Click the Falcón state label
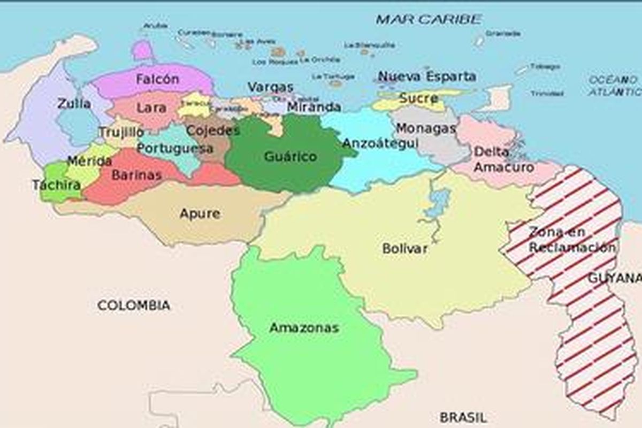(157, 79)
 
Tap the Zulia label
(74, 103)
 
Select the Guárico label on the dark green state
(291, 157)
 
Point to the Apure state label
(200, 214)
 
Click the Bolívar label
(405, 249)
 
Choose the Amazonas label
(304, 327)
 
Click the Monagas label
(426, 128)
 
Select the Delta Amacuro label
(503, 159)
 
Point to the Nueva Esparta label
(427, 76)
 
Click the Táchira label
(56, 185)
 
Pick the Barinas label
(136, 175)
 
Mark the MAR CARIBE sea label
(429, 20)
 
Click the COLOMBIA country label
(134, 305)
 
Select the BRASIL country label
(463, 417)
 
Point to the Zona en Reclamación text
(571, 240)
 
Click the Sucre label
(419, 98)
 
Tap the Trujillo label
(121, 132)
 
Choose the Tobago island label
(545, 67)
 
